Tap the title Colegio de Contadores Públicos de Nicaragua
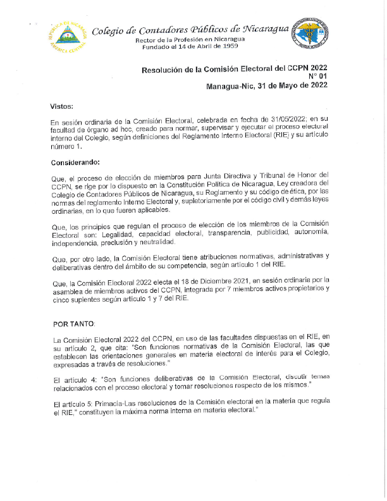pos(190,30)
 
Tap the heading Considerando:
pos(76,163)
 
